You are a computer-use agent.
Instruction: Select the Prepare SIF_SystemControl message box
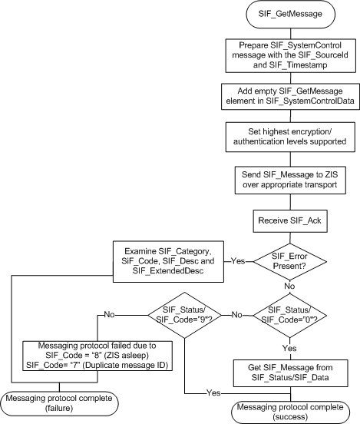(x=285, y=53)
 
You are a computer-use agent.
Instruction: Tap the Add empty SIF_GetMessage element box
(x=285, y=97)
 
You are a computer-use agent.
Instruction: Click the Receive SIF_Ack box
(x=285, y=221)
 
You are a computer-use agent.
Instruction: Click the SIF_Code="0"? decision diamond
(x=285, y=313)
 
